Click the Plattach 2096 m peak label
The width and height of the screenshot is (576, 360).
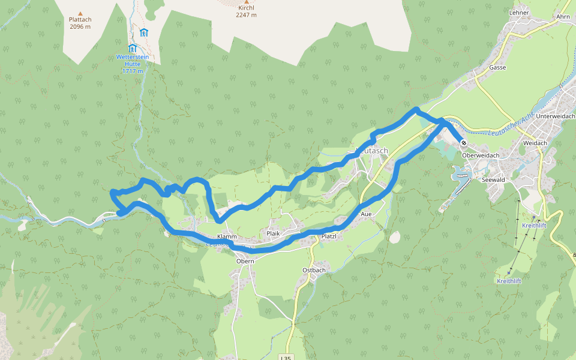80,23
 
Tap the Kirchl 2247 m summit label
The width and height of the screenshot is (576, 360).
246,11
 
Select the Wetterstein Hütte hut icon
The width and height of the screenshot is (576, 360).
132,48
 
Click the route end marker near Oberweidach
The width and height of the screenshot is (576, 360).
464,143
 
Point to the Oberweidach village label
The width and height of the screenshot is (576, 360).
481,155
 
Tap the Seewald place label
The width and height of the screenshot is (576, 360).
493,179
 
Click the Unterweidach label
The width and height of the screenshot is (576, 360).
556,116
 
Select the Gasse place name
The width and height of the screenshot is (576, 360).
497,68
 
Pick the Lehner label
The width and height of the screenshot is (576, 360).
519,13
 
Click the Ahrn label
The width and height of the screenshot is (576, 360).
563,17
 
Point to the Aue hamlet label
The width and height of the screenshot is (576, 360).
367,214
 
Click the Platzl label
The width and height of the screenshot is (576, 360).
329,236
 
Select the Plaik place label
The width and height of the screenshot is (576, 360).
273,233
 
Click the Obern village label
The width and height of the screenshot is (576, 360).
245,261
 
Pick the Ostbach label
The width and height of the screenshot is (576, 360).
314,270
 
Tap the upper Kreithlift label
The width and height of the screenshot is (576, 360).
533,226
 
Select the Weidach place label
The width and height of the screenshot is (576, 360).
535,143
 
